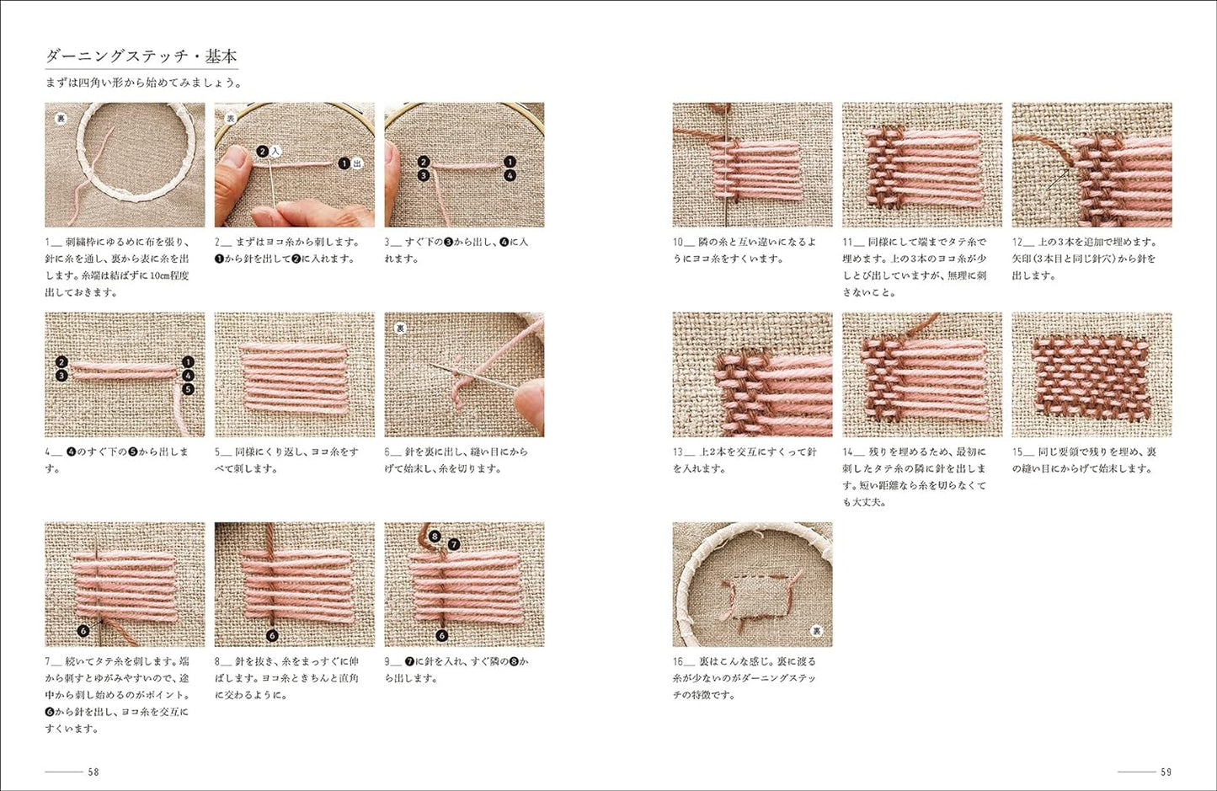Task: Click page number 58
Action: click(93, 772)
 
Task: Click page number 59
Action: click(1165, 772)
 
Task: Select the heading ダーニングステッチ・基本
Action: click(141, 57)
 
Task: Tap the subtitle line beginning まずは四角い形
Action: click(144, 83)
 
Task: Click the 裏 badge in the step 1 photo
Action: click(61, 119)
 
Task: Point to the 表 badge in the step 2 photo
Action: click(230, 119)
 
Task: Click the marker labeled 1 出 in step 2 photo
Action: click(350, 163)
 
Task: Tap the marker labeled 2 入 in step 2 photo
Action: click(268, 151)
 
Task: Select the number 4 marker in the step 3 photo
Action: click(510, 175)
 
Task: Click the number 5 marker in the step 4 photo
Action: click(187, 389)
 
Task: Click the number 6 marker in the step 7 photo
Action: click(83, 630)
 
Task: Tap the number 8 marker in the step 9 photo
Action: click(435, 535)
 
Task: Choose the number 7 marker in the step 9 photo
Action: click(453, 544)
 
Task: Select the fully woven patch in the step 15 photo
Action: click(1092, 374)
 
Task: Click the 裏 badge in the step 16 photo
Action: click(815, 630)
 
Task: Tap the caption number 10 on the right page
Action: click(679, 242)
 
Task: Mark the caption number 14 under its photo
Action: click(849, 452)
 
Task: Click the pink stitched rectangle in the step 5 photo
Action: click(294, 374)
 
